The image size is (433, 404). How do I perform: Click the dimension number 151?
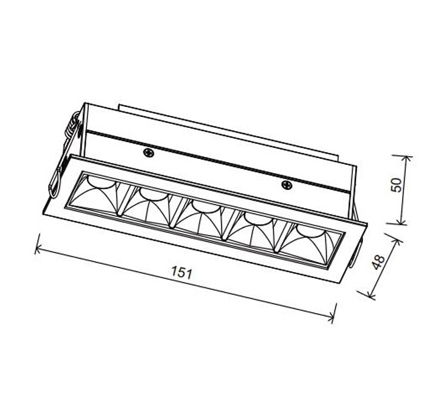181,273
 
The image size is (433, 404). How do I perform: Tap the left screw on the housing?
148,153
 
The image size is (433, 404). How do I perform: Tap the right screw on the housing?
286,183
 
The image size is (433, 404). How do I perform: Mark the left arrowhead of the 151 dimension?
38,248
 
